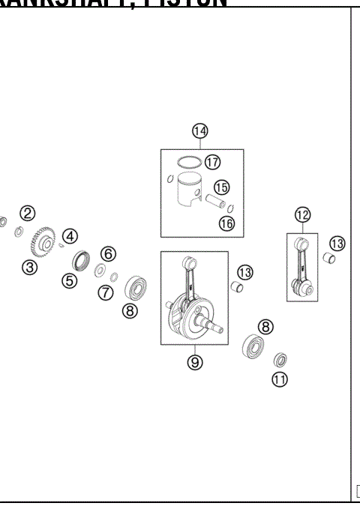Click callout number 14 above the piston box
[199, 132]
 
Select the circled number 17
[213, 162]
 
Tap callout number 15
[221, 187]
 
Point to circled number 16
[226, 223]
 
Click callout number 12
[302, 215]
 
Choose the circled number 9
[194, 362]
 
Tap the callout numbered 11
[280, 379]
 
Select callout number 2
[27, 213]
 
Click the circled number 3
[28, 267]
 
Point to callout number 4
[70, 236]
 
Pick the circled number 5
[69, 281]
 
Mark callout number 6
[108, 253]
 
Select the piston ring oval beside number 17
[190, 161]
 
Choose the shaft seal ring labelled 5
[80, 262]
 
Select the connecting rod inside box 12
[302, 265]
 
